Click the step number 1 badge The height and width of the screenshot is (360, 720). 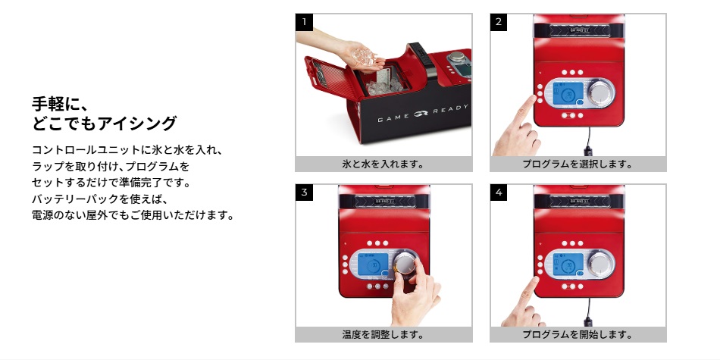(x=304, y=22)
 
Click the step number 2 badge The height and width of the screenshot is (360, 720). (x=499, y=22)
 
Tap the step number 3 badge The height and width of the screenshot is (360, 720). (x=304, y=193)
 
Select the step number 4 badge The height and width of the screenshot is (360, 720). (x=499, y=193)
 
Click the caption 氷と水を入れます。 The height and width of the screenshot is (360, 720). (x=383, y=164)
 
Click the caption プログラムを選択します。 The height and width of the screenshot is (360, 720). (x=578, y=164)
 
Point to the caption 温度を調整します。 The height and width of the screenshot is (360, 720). (x=383, y=334)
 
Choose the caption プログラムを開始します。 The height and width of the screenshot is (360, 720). (x=578, y=334)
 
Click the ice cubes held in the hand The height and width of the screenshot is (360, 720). (x=364, y=55)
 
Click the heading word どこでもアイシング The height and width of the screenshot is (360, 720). (x=104, y=123)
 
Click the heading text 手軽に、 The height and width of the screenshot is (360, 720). (x=59, y=104)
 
